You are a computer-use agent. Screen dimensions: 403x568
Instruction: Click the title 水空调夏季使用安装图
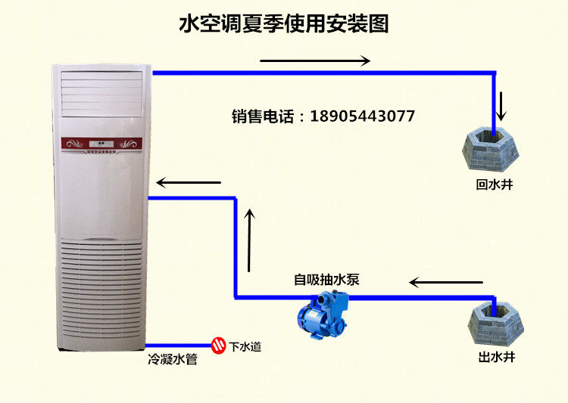click(x=283, y=24)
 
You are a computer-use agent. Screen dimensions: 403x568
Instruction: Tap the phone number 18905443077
click(x=363, y=116)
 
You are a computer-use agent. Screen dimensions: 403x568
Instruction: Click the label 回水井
click(x=494, y=184)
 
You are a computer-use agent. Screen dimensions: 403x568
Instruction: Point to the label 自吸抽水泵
click(x=326, y=279)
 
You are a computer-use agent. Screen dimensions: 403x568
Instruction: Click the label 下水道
click(x=245, y=346)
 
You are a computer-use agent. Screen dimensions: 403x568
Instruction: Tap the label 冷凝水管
click(x=173, y=361)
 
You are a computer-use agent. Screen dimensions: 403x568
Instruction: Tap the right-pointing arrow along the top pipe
click(x=314, y=60)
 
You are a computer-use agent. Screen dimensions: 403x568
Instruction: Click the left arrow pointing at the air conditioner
click(x=189, y=182)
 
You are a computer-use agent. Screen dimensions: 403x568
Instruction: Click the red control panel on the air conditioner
click(x=101, y=143)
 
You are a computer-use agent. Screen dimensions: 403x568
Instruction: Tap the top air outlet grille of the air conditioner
click(x=101, y=94)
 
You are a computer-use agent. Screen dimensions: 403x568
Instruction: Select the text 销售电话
click(x=266, y=116)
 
